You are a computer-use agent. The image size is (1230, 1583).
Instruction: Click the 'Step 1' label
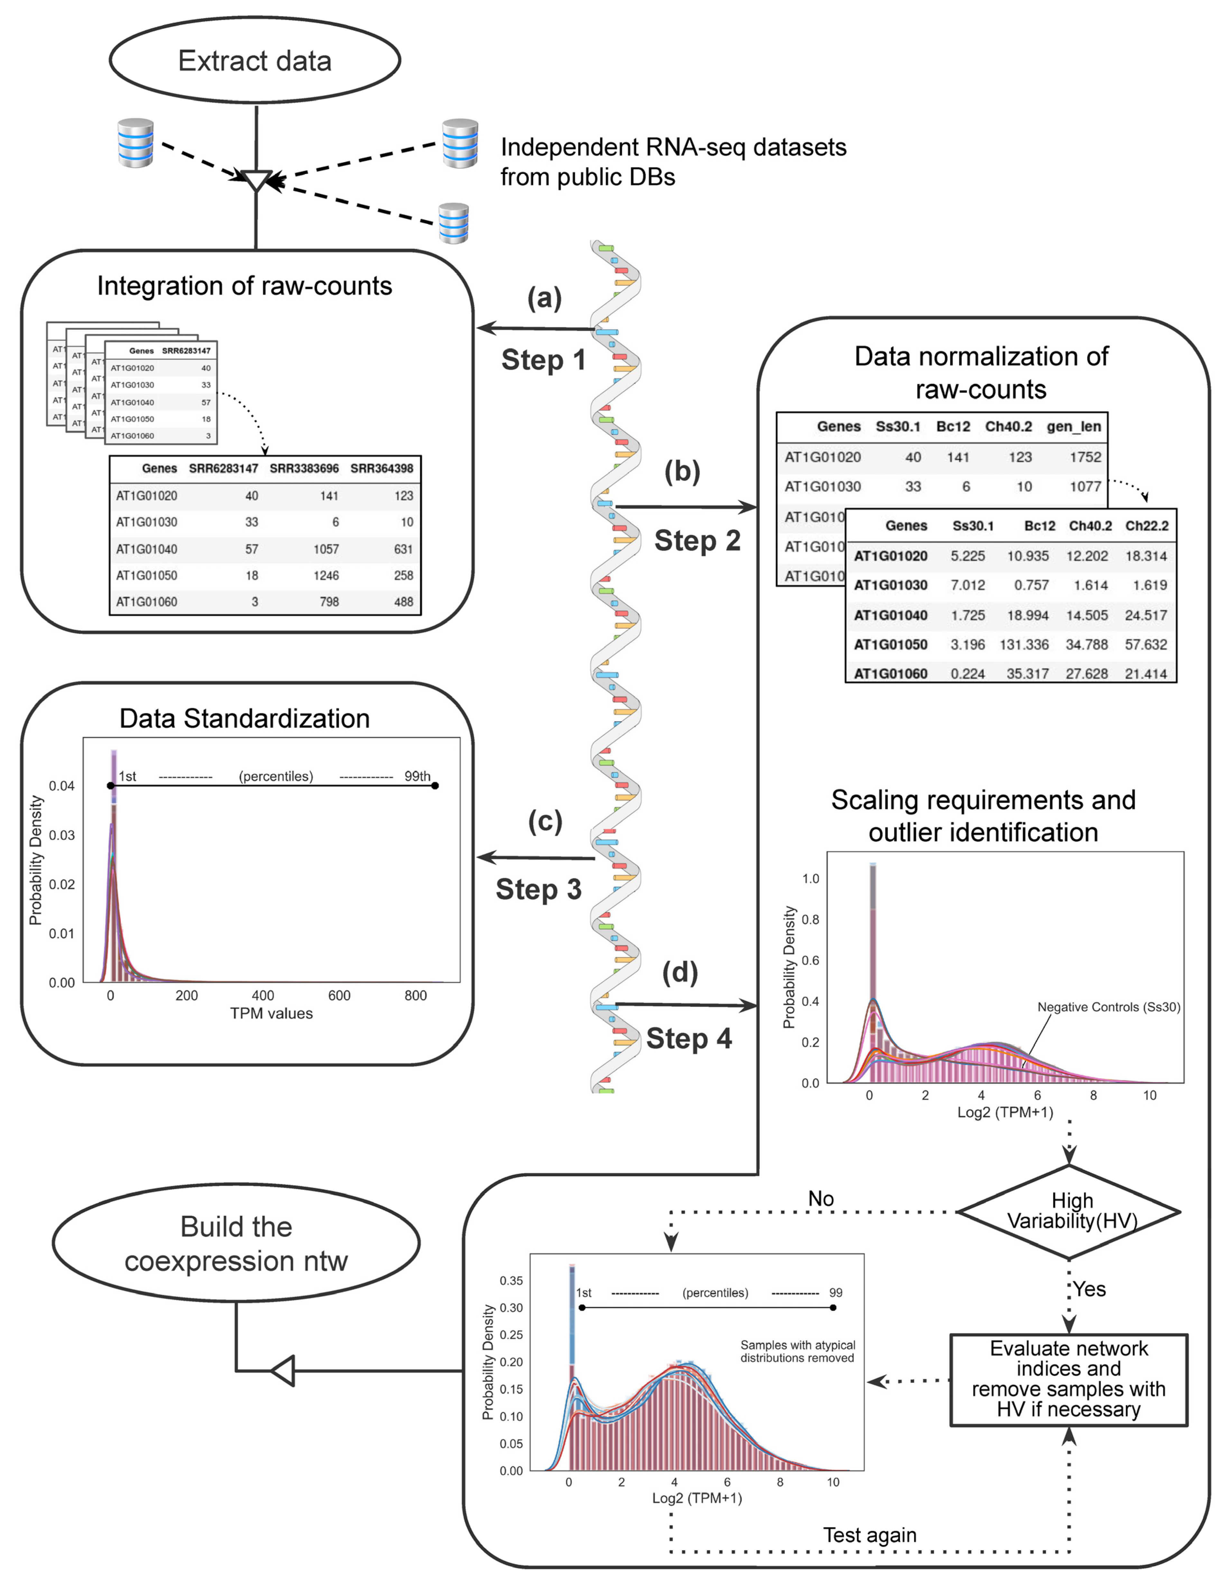coord(543,360)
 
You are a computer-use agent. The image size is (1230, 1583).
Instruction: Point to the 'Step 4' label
coord(689,1039)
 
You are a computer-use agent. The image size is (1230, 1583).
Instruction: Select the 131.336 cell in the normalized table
coord(1024,644)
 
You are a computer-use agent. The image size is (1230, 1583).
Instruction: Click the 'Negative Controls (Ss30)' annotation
coord(1108,1007)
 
